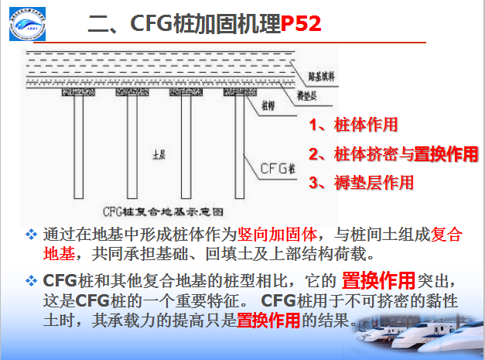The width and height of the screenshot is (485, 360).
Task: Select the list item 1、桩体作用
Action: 354,125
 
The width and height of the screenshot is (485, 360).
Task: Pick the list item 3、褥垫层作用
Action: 361,183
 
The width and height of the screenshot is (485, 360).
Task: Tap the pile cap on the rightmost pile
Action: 239,92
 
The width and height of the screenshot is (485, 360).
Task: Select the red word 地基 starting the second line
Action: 60,253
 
